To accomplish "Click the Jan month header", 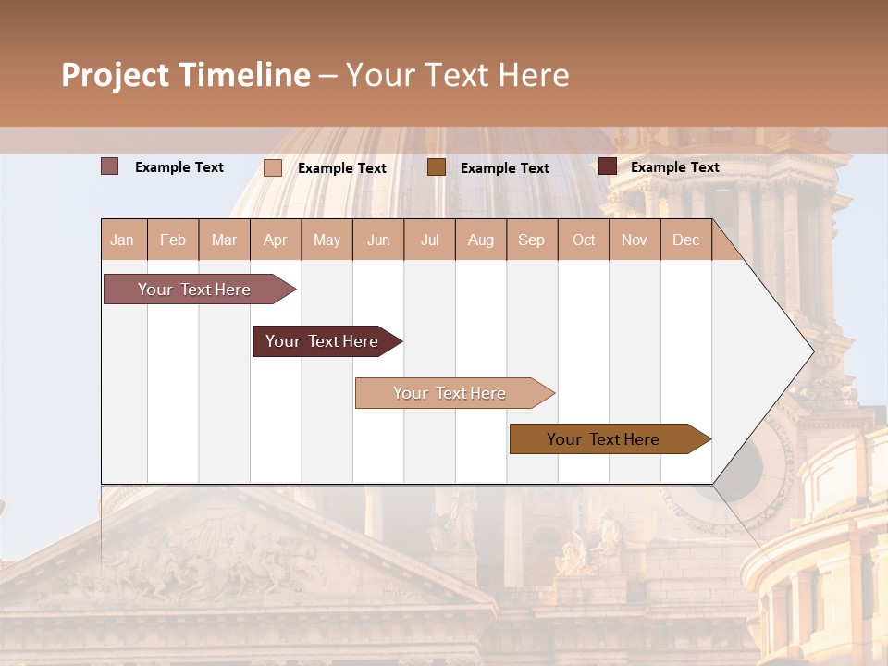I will tap(123, 240).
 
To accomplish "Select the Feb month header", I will tap(173, 240).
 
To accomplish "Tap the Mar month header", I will tap(224, 240).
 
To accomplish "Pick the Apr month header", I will tap(275, 240).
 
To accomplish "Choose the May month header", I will tap(327, 240).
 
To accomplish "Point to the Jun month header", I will tap(378, 240).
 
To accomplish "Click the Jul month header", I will tap(429, 240).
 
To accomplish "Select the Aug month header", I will tap(480, 240).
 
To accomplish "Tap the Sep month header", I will tap(531, 240).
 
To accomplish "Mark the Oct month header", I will tap(584, 240).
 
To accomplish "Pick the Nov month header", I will tap(635, 240).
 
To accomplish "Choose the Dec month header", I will tap(685, 240).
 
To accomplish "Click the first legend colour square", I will tap(110, 166).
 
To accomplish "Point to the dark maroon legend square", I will tap(607, 166).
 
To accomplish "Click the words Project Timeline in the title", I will tap(186, 75).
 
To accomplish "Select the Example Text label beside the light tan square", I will tap(341, 167).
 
